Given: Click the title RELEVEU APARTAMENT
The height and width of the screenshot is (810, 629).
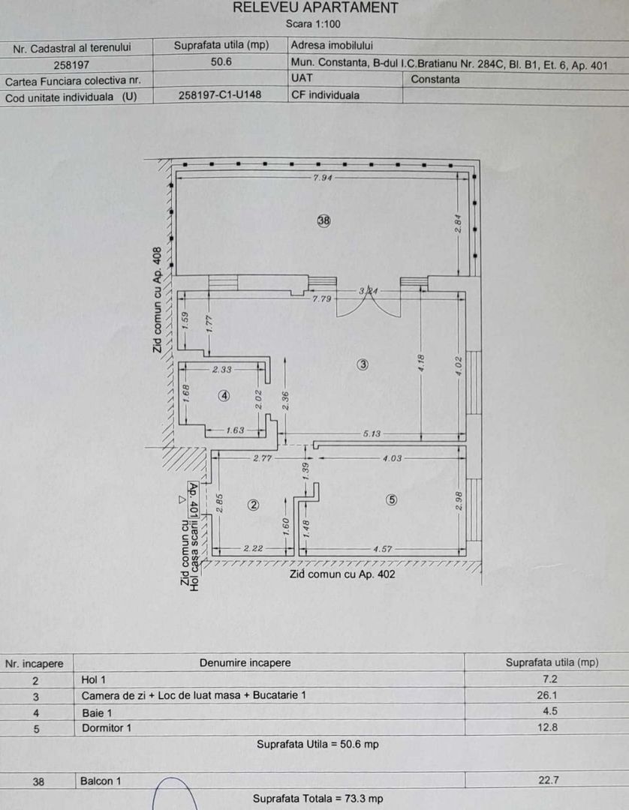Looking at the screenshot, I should (x=315, y=8).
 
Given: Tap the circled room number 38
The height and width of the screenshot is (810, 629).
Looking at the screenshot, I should (x=324, y=220).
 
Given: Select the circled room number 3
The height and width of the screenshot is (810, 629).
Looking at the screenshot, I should (x=363, y=365).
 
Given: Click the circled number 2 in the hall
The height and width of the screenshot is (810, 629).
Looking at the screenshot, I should (x=253, y=505).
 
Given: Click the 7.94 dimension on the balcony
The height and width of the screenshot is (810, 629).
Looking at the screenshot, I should (x=323, y=178).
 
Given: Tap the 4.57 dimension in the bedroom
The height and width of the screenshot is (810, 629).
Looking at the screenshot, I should (x=384, y=549).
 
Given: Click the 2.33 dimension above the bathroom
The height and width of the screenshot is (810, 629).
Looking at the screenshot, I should (x=223, y=369).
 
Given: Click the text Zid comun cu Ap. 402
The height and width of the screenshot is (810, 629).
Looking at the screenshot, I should (x=342, y=574).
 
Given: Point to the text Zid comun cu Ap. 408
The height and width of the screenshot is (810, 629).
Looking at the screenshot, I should (x=157, y=300).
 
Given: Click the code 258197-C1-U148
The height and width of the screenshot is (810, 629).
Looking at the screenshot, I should (x=221, y=96).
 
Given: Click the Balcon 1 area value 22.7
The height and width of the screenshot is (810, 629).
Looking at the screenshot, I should (x=549, y=780).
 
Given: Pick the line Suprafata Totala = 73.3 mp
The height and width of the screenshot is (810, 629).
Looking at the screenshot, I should (x=318, y=798).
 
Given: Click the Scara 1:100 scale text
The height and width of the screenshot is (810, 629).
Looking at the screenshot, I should (x=314, y=24).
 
